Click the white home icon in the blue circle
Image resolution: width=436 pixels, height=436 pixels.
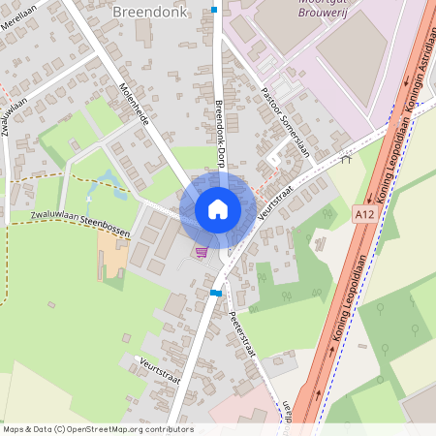[x=217, y=209]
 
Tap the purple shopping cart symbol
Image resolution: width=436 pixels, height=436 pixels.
[x=202, y=252]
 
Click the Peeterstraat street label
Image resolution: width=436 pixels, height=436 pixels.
[x=242, y=334]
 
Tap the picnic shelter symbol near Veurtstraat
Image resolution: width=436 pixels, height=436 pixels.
[x=346, y=160]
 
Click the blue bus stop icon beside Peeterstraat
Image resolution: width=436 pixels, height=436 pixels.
[x=216, y=292]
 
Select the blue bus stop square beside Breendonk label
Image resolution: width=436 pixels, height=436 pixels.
[x=213, y=10]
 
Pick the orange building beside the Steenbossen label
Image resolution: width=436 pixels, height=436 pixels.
[x=112, y=251]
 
